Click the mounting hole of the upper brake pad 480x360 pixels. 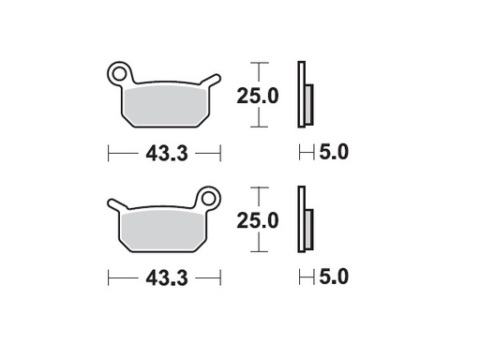tap(119, 71)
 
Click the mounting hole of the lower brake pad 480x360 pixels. tap(209, 198)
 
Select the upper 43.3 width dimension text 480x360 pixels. tap(165, 153)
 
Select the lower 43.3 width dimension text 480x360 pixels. tap(165, 278)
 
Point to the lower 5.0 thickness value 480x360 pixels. tap(334, 278)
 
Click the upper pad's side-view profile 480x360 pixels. tap(303, 95)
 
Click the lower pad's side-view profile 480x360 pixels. tap(303, 221)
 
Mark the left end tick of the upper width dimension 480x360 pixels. tap(110, 152)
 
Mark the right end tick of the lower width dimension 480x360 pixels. tap(219, 278)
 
